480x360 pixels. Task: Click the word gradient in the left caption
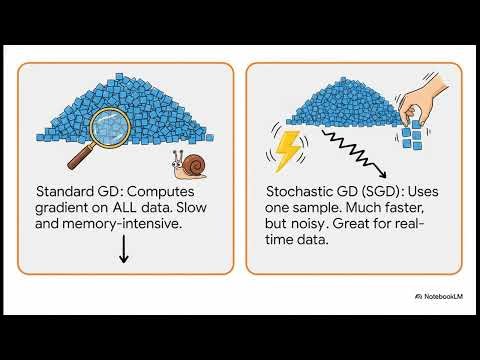click(x=62, y=210)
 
